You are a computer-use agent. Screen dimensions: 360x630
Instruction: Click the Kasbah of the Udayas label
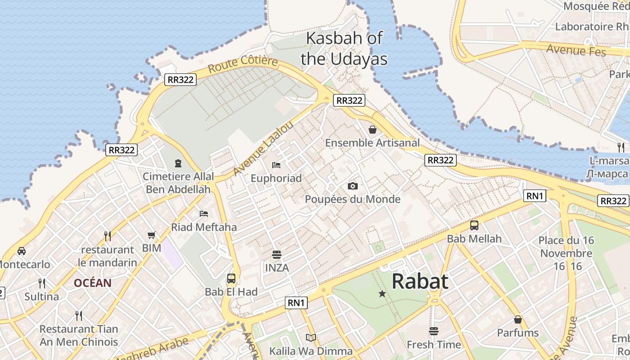tap(344, 49)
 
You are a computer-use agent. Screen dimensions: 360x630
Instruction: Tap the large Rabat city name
tap(420, 282)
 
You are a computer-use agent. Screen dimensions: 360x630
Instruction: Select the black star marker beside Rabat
tap(382, 294)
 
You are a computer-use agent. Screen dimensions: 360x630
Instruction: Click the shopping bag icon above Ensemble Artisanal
tap(373, 130)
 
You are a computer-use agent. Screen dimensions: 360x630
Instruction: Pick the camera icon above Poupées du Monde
tap(352, 186)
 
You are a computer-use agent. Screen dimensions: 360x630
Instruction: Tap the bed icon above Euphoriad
tap(276, 165)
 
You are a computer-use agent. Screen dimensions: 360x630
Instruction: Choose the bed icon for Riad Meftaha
tap(204, 213)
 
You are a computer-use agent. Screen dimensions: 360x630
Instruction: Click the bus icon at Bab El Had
tap(231, 279)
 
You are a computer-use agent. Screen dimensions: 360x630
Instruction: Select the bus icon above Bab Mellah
tap(474, 225)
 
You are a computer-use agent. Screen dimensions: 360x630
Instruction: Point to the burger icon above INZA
tap(277, 255)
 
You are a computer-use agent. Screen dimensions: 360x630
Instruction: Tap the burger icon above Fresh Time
tap(434, 332)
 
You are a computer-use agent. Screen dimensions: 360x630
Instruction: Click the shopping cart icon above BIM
tap(152, 235)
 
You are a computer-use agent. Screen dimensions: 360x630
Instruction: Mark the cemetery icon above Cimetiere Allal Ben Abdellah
tap(178, 163)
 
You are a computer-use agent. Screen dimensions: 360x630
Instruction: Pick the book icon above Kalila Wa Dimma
tap(310, 337)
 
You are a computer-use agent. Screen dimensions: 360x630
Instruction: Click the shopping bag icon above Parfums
tap(518, 319)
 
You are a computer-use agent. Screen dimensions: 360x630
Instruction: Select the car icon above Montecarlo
tap(21, 251)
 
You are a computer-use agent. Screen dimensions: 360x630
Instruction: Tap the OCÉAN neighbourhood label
tap(93, 283)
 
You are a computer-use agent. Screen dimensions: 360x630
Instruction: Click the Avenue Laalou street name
tap(264, 148)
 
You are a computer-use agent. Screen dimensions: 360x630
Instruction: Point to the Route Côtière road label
tap(243, 64)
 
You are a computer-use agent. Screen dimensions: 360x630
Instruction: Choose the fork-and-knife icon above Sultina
tap(42, 283)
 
